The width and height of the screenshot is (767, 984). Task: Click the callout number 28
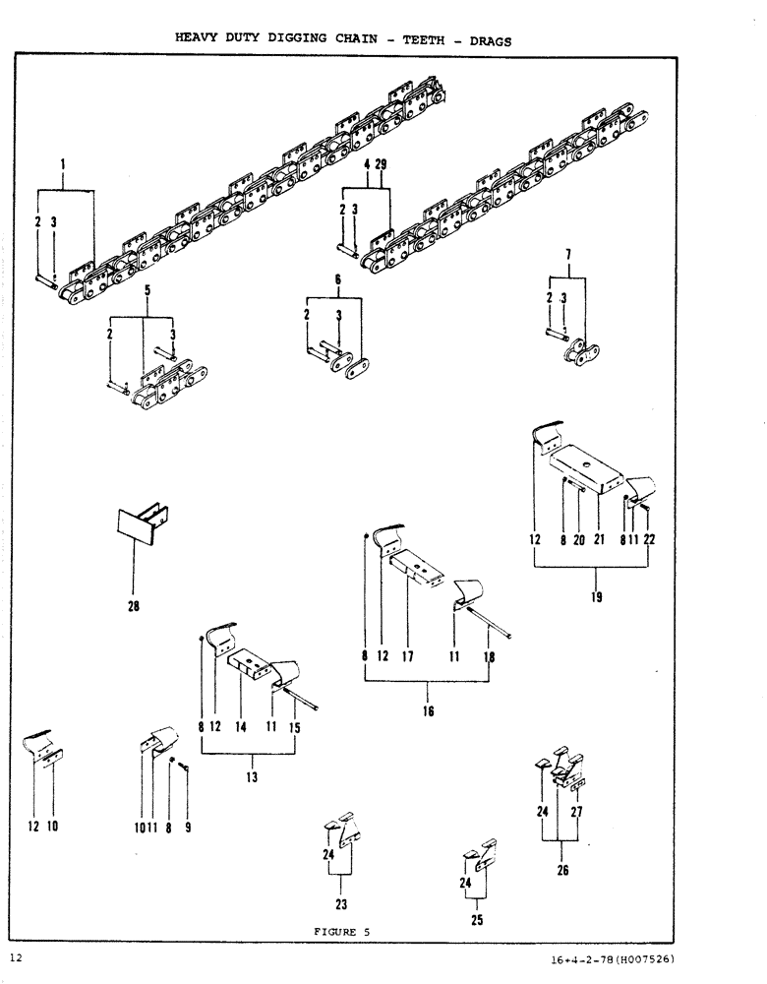pyautogui.click(x=134, y=607)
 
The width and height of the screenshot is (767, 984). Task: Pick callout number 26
pyautogui.click(x=562, y=870)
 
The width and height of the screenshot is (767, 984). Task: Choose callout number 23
pyautogui.click(x=340, y=904)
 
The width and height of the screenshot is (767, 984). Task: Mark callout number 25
pyautogui.click(x=477, y=921)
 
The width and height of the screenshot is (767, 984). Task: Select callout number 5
pyautogui.click(x=147, y=291)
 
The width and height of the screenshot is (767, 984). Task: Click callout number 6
pyautogui.click(x=337, y=279)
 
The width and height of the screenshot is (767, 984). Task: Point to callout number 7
pyautogui.click(x=567, y=258)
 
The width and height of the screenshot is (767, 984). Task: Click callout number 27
pyautogui.click(x=578, y=813)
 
